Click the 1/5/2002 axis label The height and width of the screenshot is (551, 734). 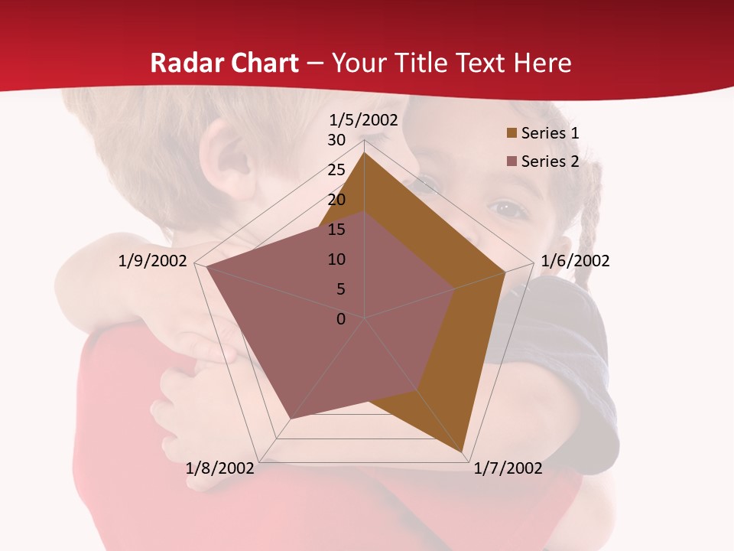pos(364,120)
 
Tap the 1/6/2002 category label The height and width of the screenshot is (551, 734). pos(575,261)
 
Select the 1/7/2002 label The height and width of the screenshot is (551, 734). pos(508,468)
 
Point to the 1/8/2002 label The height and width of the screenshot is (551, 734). pos(220,468)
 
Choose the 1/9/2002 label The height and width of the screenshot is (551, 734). pos(153,261)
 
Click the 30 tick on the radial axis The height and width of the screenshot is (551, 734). pos(336,140)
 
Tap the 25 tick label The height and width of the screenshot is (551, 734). pos(336,170)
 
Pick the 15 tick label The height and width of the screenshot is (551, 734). pos(336,230)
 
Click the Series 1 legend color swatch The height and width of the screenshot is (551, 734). pos(512,134)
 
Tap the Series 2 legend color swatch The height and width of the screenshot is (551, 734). pos(512,161)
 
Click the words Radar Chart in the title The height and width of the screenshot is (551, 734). pos(224,63)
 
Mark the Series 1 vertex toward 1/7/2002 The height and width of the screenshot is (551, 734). pos(463,452)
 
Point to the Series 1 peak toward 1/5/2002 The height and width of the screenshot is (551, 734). pos(364,152)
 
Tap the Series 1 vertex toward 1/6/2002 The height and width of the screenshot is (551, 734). pos(505,272)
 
